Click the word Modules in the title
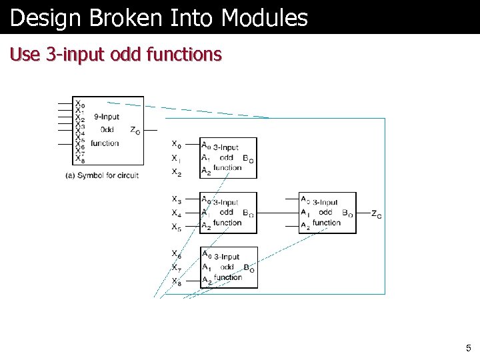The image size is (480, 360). (x=265, y=18)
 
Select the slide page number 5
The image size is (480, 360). (x=468, y=347)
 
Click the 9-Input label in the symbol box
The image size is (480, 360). (x=106, y=117)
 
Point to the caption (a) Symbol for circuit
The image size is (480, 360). (x=102, y=175)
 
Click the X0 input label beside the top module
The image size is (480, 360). (x=176, y=144)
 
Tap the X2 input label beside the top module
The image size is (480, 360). (x=176, y=172)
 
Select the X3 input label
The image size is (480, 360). (x=176, y=199)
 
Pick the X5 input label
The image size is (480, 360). (x=176, y=227)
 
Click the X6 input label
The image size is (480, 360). (x=176, y=254)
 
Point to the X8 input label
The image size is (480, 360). (x=176, y=281)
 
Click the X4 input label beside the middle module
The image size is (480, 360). (x=176, y=213)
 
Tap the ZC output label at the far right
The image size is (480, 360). (x=377, y=214)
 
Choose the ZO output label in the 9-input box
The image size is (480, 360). (x=135, y=131)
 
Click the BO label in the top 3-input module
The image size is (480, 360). (x=248, y=159)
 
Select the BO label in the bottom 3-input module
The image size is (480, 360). (x=249, y=269)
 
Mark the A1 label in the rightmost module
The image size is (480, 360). (x=305, y=213)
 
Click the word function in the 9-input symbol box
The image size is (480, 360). (x=105, y=143)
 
